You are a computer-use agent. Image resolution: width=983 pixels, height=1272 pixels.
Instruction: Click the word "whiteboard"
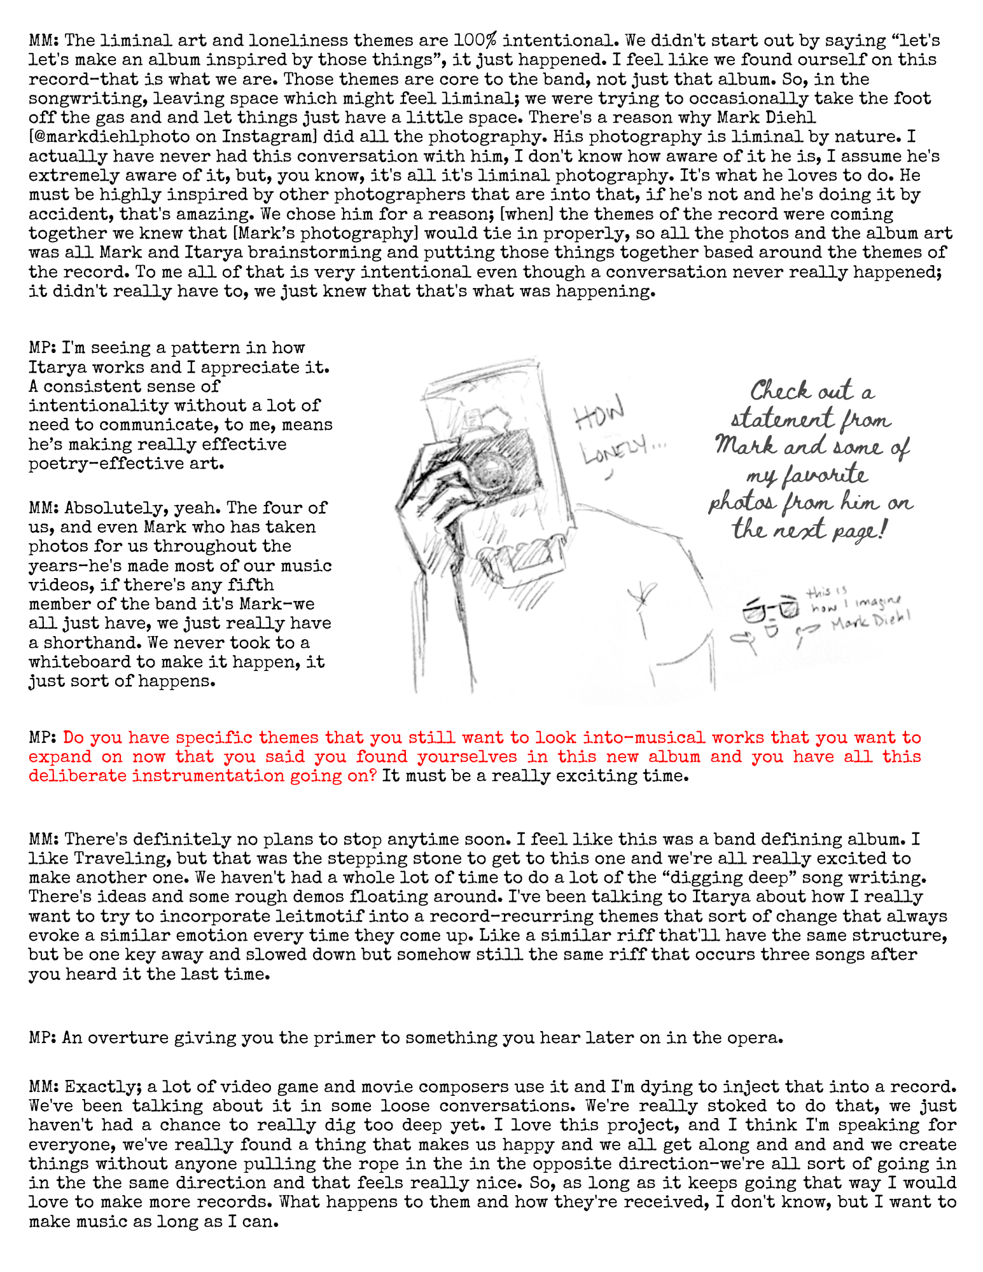(80, 662)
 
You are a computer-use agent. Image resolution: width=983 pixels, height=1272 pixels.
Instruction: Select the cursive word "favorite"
(806, 475)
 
